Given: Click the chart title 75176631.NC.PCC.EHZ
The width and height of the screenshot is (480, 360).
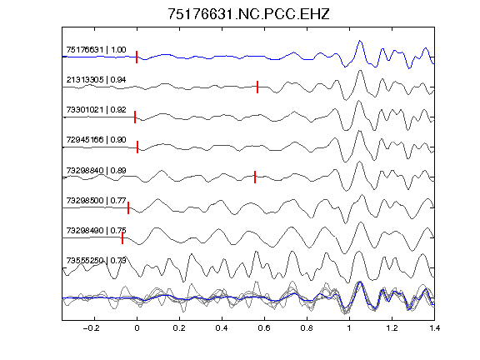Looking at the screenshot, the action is click(x=248, y=14).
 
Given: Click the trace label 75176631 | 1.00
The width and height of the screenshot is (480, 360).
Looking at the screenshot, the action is click(x=96, y=50).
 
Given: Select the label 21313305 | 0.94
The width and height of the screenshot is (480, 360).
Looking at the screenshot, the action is click(x=96, y=80).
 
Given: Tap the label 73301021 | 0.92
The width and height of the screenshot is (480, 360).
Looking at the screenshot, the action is click(x=96, y=110).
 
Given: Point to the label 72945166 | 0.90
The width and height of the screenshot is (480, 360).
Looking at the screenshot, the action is click(x=96, y=140).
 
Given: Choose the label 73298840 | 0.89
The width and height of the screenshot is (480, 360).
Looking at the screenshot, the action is click(x=96, y=170).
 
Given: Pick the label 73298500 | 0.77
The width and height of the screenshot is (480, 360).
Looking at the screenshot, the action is click(x=96, y=201).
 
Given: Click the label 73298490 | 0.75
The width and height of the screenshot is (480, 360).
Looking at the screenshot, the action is click(x=96, y=231).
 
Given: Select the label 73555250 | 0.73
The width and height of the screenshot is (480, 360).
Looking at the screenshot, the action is click(x=96, y=261).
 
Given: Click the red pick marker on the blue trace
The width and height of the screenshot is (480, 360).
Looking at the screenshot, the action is click(x=137, y=57).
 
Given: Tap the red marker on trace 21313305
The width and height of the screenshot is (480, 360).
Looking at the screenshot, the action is click(x=257, y=87).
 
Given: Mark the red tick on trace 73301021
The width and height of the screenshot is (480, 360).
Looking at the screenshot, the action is click(x=135, y=117).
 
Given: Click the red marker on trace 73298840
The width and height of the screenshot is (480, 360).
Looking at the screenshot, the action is click(x=255, y=177).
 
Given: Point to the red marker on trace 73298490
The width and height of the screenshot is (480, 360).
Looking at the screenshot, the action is click(x=122, y=237).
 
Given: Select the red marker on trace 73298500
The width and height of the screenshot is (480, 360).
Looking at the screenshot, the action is click(x=128, y=207).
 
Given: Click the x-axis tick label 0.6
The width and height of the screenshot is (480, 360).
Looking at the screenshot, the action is click(x=264, y=328).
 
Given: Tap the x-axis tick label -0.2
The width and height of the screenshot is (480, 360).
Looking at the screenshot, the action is click(x=92, y=328).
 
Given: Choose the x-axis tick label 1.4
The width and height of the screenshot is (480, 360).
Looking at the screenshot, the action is click(x=434, y=328).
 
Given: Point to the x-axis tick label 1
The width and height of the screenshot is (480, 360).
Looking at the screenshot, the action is click(x=349, y=328).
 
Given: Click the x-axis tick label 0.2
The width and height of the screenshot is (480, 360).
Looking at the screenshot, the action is click(x=179, y=328).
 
